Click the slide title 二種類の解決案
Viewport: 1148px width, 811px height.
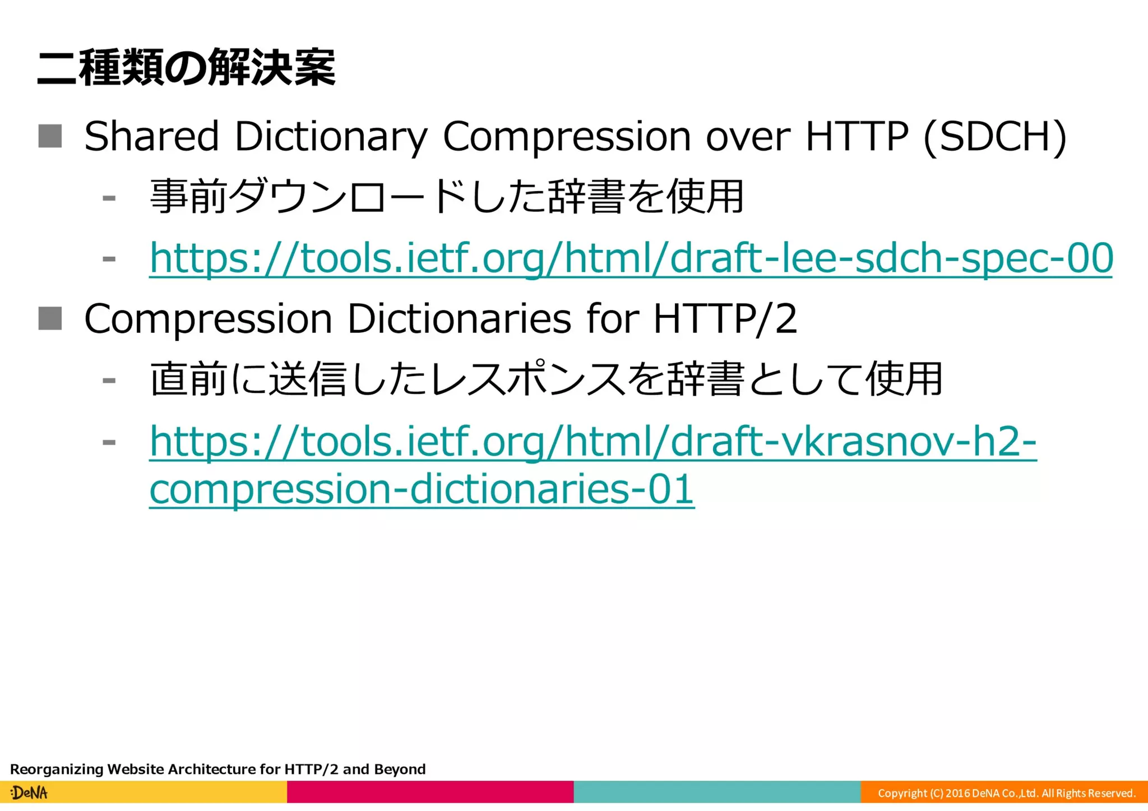[x=186, y=68]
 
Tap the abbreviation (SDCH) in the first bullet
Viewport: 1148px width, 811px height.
[x=994, y=136]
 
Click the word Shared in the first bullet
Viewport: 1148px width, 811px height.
[x=151, y=136]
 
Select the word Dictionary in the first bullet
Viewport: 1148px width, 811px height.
[x=331, y=136]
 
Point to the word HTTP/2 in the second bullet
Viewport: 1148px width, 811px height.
[x=725, y=318]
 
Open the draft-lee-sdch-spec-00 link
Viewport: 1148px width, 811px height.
[x=631, y=258]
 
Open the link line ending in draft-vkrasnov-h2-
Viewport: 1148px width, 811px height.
[x=592, y=442]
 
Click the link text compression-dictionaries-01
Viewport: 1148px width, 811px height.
[x=422, y=489]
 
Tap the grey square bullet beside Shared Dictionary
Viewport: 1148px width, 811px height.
[x=50, y=136]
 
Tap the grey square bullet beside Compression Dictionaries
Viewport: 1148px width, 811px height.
[x=50, y=318]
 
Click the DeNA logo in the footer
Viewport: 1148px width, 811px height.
[x=29, y=793]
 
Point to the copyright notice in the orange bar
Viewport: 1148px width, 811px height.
[x=1006, y=793]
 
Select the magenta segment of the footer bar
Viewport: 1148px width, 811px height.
[x=430, y=792]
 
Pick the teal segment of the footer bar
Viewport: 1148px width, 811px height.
[x=717, y=792]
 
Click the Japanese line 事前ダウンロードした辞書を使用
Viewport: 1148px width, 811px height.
[x=447, y=197]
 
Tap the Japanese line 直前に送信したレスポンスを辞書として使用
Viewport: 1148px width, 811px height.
[x=546, y=379]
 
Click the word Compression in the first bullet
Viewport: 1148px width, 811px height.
[x=566, y=136]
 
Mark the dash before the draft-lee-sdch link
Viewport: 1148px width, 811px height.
[x=109, y=259]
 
